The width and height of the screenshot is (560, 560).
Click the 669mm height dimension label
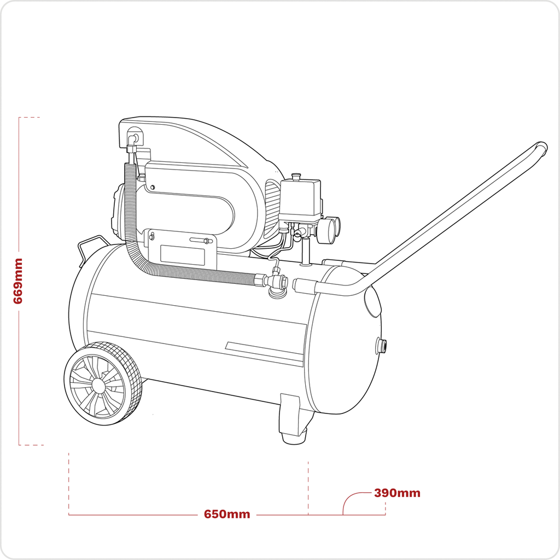(19, 281)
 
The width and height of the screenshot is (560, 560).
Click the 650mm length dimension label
(227, 515)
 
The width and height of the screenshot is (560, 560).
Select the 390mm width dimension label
(397, 493)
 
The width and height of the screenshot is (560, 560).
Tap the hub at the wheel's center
(98, 384)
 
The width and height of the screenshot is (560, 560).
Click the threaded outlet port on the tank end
(380, 346)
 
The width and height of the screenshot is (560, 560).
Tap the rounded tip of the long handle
(541, 148)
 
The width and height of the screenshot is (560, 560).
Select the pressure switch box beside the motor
(300, 200)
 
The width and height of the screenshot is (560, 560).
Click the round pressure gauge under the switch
(327, 230)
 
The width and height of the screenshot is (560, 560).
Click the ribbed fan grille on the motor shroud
(272, 208)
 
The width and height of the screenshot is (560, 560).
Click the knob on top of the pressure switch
(296, 176)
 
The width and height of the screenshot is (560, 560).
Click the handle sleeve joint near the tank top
(305, 284)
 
